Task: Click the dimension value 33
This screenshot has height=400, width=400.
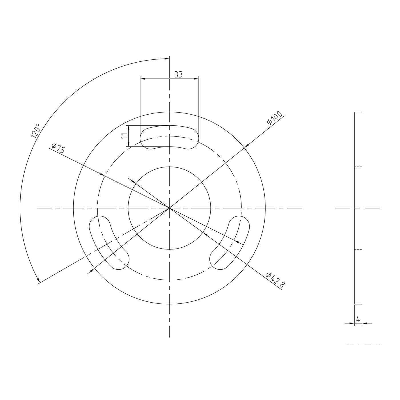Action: (x=178, y=74)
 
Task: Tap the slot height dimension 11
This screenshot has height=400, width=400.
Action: (x=124, y=136)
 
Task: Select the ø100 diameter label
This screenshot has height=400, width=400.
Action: (x=275, y=118)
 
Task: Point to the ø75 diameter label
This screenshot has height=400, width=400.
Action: (x=58, y=148)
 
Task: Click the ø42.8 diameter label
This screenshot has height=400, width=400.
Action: (x=275, y=280)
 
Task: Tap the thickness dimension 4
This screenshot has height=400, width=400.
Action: (x=358, y=319)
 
